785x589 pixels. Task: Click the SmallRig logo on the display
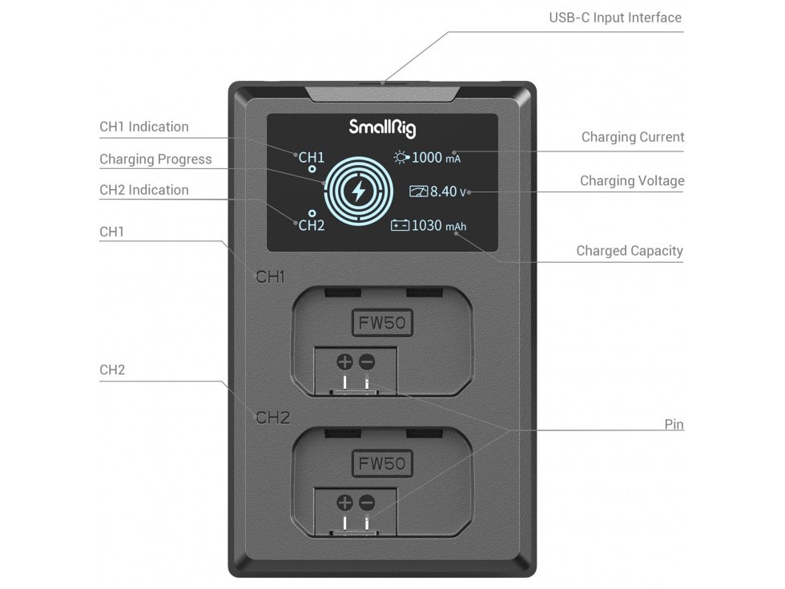point(382,127)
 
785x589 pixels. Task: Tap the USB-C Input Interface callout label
point(615,18)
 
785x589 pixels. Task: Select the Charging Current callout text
point(633,137)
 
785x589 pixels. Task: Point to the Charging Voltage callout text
point(632,181)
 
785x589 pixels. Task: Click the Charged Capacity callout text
point(630,251)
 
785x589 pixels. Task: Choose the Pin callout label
point(674,425)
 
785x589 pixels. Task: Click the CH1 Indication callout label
point(144,127)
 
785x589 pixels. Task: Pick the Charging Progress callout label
point(155,159)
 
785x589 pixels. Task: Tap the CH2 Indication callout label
point(144,190)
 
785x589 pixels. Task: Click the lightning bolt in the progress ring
point(359,191)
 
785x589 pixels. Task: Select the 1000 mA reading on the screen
point(436,158)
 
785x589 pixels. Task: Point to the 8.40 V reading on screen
point(448,192)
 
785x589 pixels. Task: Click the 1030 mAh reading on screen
point(439,226)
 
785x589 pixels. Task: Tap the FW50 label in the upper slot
point(382,323)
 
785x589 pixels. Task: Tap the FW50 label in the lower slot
point(382,464)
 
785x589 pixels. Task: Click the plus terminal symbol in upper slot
point(344,361)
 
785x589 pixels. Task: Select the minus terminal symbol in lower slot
point(367,502)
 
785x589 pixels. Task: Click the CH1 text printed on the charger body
point(271,277)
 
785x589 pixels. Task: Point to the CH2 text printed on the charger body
point(273,418)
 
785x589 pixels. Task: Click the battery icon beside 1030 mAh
point(400,226)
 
